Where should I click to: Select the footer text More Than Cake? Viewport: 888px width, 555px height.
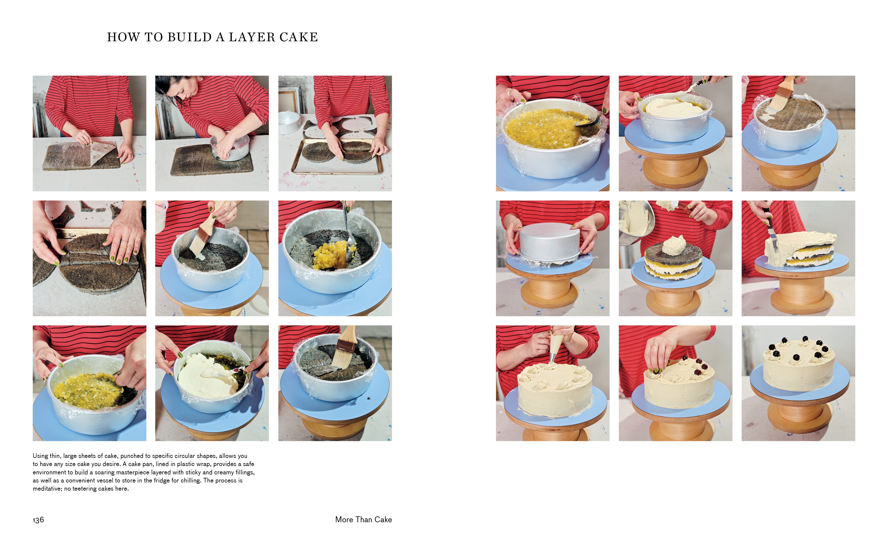tap(363, 519)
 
